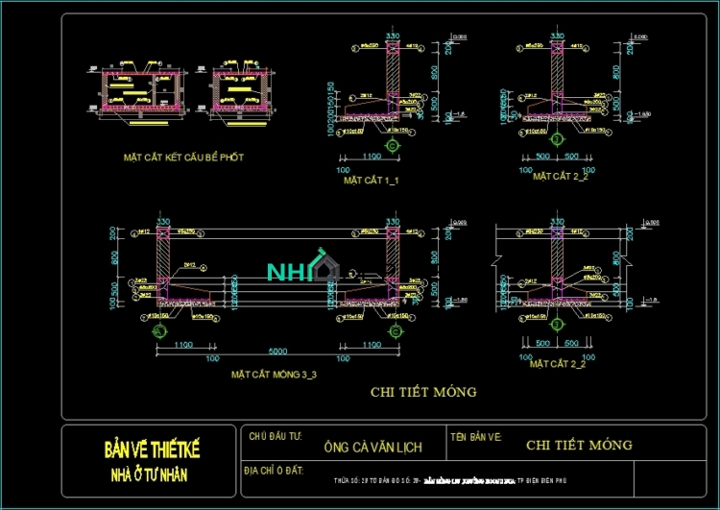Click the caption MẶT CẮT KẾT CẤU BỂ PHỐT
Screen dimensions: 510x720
pyautogui.click(x=182, y=157)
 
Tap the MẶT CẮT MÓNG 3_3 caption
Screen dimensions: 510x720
pyautogui.click(x=275, y=375)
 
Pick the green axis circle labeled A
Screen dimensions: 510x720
pyautogui.click(x=158, y=332)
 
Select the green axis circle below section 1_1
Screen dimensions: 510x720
pyautogui.click(x=392, y=145)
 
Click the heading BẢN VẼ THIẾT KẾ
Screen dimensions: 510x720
pyautogui.click(x=153, y=449)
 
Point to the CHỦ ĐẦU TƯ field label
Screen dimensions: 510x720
pyautogui.click(x=275, y=437)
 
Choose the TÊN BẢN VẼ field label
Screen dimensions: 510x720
pyautogui.click(x=476, y=437)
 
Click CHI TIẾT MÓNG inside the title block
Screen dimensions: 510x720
pyautogui.click(x=579, y=445)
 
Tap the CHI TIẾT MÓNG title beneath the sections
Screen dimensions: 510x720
pyautogui.click(x=423, y=392)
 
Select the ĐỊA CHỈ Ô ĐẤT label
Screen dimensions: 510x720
pyautogui.click(x=275, y=470)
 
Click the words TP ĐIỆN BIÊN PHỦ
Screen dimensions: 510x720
pyautogui.click(x=548, y=480)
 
